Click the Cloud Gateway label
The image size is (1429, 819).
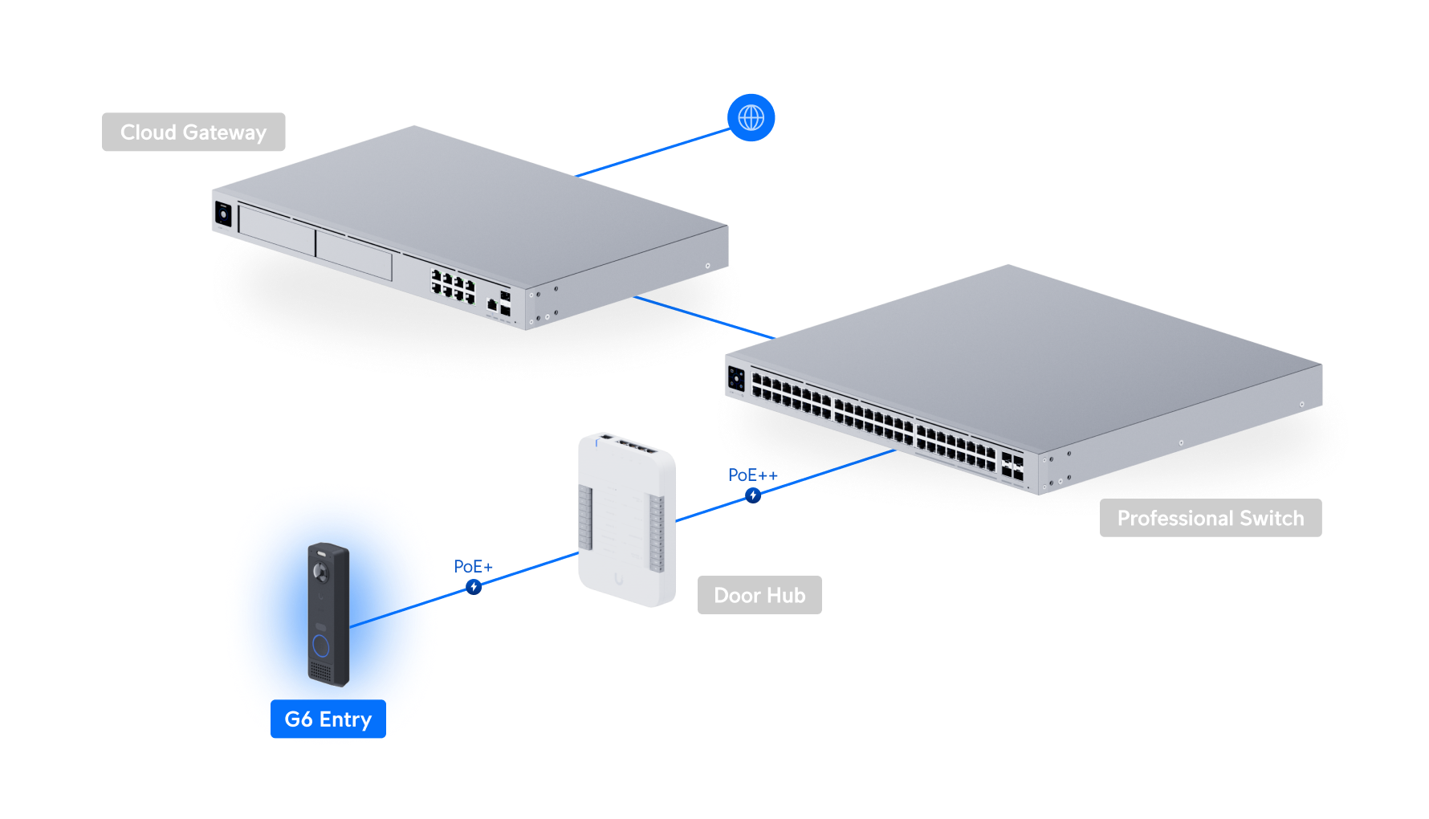193,132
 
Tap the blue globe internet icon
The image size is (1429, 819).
751,118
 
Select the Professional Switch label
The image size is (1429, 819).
1210,518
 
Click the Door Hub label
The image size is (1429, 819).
759,595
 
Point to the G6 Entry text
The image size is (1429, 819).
328,719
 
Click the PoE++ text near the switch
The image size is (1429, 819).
751,475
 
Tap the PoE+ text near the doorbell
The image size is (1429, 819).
473,567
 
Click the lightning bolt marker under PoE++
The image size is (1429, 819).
752,495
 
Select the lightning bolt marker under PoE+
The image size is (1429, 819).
474,587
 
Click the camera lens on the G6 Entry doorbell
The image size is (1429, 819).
322,572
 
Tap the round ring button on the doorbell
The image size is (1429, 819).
320,646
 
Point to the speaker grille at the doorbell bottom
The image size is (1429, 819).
320,671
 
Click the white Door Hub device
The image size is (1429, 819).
626,522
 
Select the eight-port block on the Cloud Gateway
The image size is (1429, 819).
454,287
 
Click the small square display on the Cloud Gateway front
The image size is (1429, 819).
223,214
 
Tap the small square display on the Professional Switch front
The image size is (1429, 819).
736,378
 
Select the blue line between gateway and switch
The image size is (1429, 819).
702,318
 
